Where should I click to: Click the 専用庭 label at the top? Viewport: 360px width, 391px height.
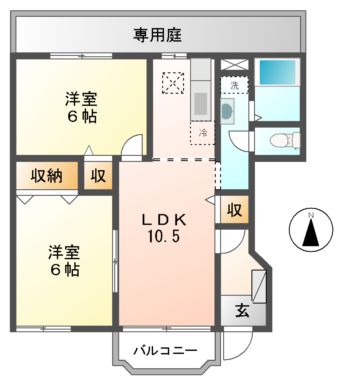[x=157, y=35]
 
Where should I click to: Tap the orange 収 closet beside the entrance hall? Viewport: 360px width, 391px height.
[x=233, y=210]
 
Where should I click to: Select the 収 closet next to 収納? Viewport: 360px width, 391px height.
[x=97, y=176]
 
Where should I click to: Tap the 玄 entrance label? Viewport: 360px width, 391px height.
[x=243, y=311]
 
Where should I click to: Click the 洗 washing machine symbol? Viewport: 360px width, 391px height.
[x=233, y=86]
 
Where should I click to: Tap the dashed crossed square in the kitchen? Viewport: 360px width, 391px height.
[x=174, y=84]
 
